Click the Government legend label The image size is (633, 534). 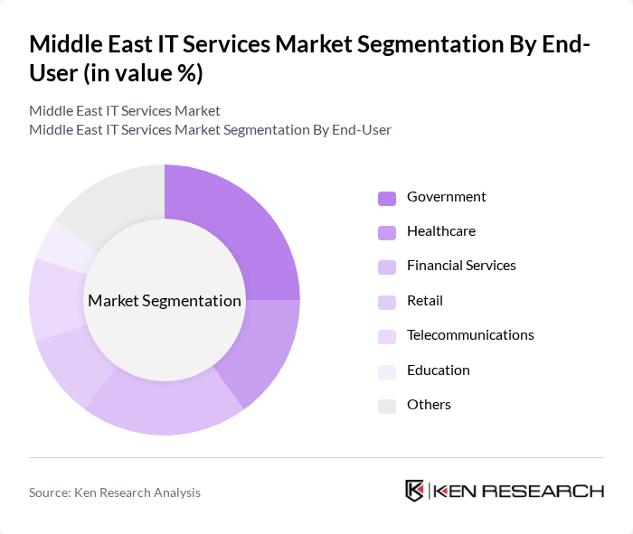point(446,197)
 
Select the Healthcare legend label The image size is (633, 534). point(440,231)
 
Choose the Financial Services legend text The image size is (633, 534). point(461,266)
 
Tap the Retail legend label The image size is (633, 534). point(424,301)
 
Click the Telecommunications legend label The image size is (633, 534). point(470,335)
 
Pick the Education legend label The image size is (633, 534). point(438,370)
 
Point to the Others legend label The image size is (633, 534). point(429,405)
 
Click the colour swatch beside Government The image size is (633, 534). point(386,198)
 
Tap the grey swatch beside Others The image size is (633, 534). point(386,406)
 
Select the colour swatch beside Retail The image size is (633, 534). point(386,302)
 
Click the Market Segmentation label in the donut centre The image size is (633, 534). point(164,301)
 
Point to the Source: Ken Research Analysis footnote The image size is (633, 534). point(115,492)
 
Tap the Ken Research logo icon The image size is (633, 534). point(415,492)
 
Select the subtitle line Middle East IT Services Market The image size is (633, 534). point(125,111)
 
